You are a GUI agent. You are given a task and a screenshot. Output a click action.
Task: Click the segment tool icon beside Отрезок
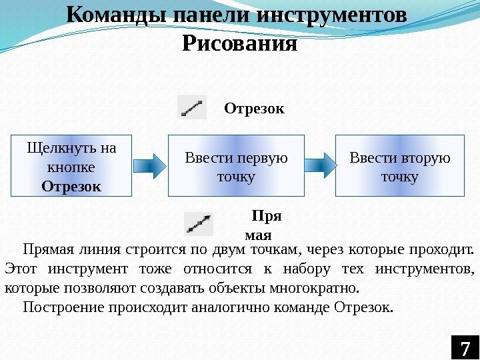pyautogui.click(x=192, y=107)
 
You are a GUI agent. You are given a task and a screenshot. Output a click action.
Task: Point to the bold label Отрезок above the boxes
pyautogui.click(x=254, y=108)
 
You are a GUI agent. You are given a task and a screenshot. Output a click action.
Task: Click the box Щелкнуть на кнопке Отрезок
pyautogui.click(x=71, y=166)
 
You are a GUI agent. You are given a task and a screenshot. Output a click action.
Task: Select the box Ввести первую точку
pyautogui.click(x=236, y=166)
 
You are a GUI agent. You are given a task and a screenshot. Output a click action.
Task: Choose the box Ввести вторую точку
pyautogui.click(x=399, y=166)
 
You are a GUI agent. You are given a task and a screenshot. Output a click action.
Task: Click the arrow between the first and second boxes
pyautogui.click(x=149, y=165)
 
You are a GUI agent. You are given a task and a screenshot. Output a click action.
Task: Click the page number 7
pyautogui.click(x=465, y=348)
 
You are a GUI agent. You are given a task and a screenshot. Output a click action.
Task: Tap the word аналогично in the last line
pyautogui.click(x=224, y=307)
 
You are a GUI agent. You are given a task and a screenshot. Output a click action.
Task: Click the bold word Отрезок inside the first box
pyautogui.click(x=71, y=185)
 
